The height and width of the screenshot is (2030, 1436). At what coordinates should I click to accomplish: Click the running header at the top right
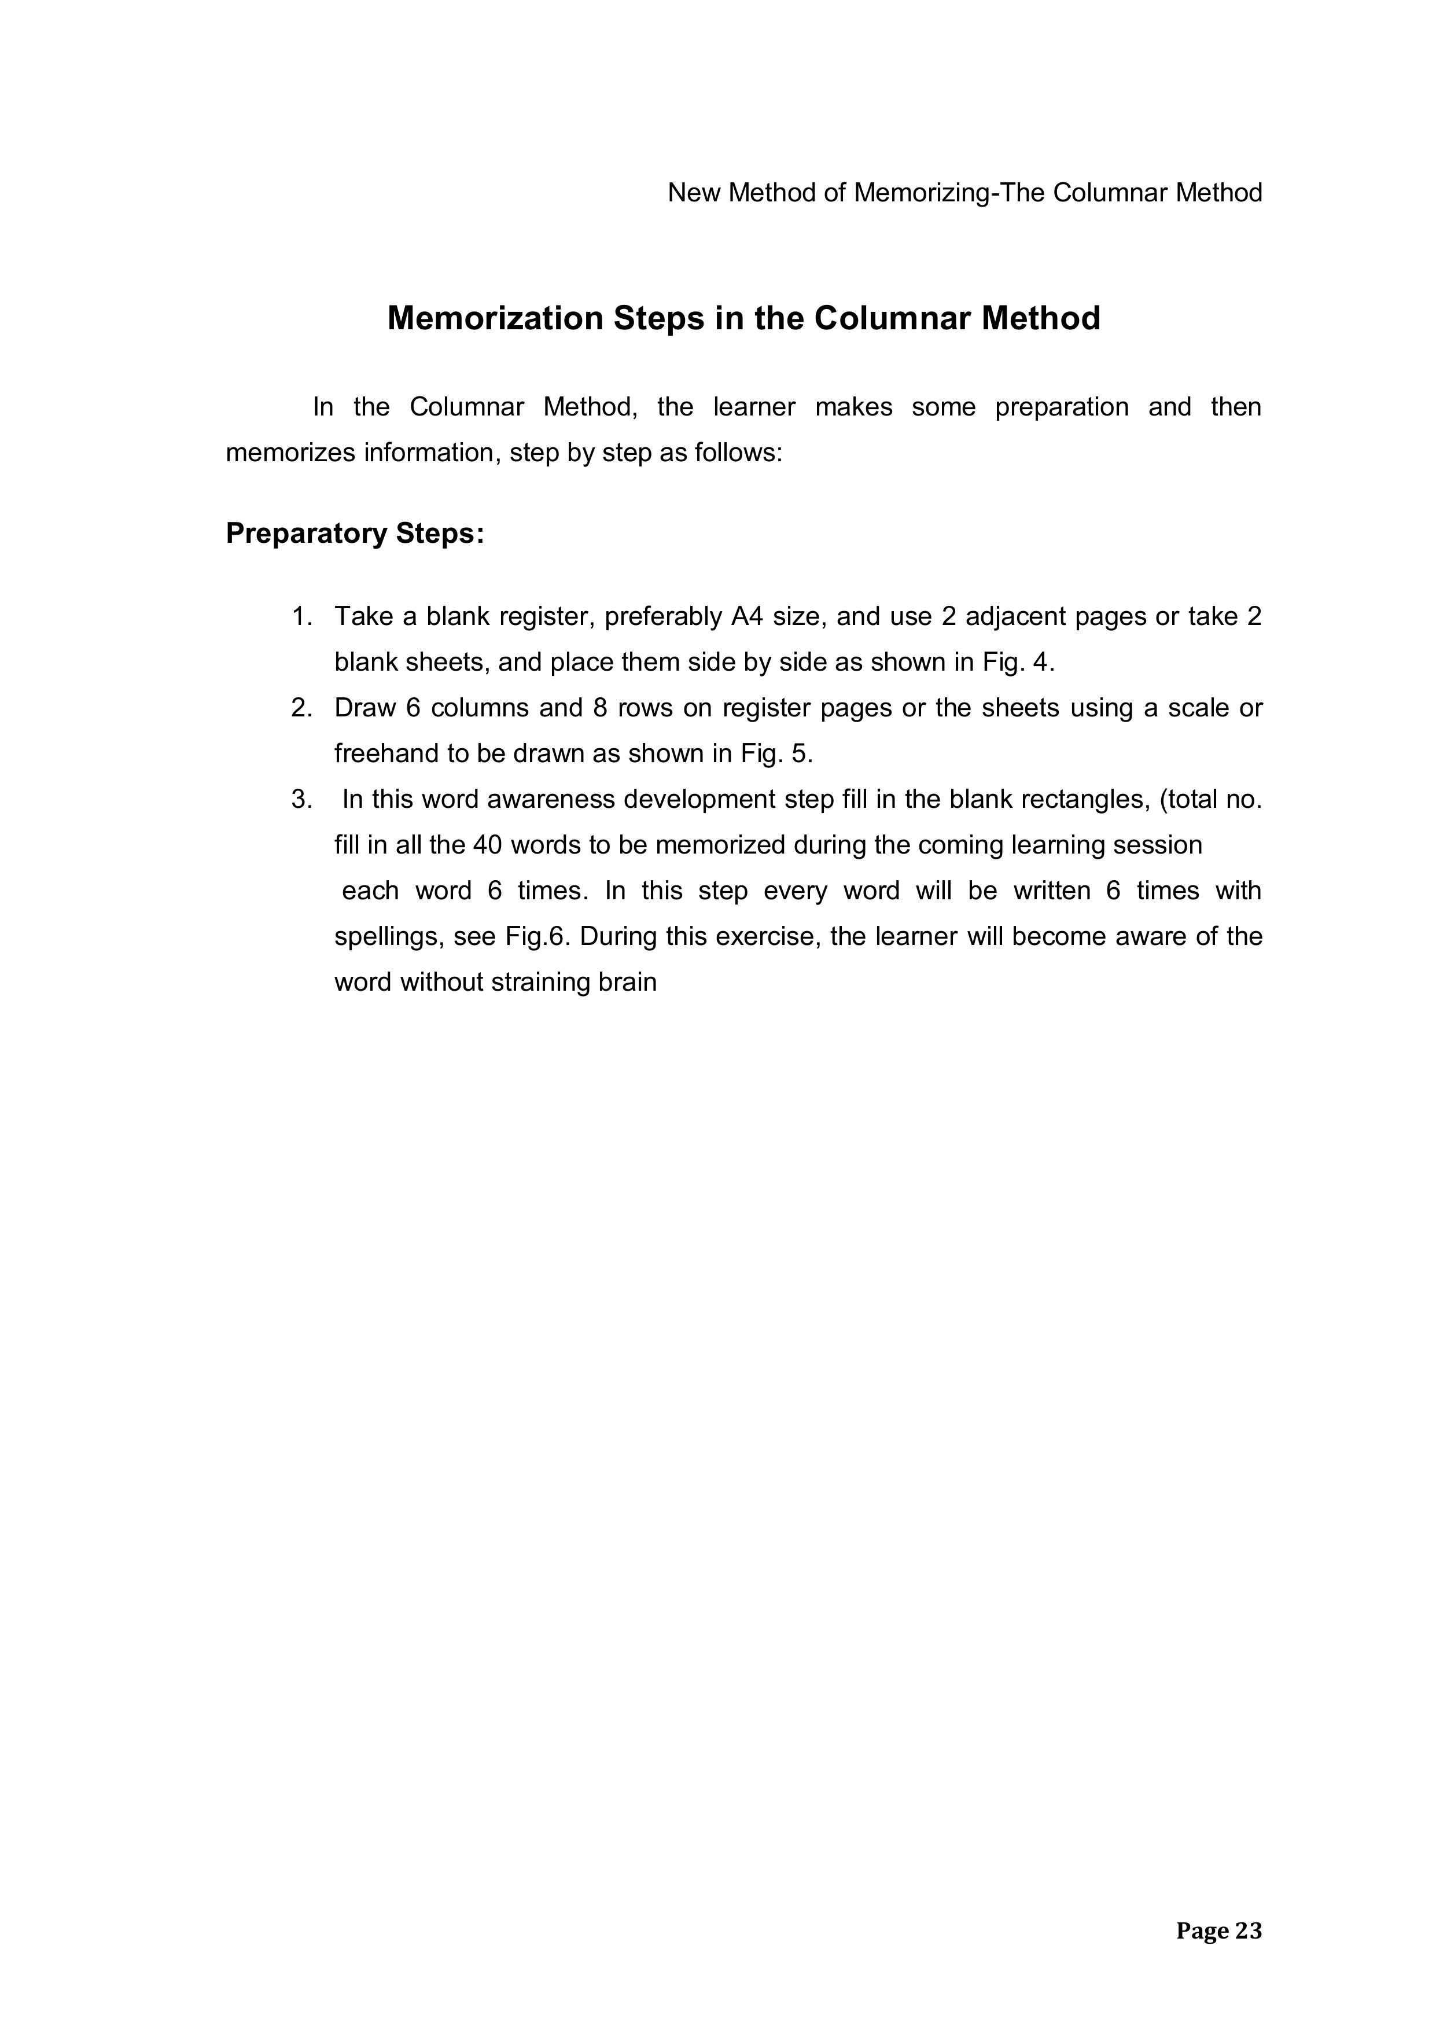point(964,193)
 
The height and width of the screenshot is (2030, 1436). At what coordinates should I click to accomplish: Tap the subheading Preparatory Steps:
point(355,534)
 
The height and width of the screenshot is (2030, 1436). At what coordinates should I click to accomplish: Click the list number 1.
point(301,616)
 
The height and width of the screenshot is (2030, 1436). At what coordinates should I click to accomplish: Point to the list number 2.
point(301,708)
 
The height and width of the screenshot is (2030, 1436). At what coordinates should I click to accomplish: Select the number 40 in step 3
point(487,846)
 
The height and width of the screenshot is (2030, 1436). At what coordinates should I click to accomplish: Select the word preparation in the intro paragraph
point(1061,407)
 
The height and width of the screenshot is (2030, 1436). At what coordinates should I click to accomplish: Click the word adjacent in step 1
point(1014,616)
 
